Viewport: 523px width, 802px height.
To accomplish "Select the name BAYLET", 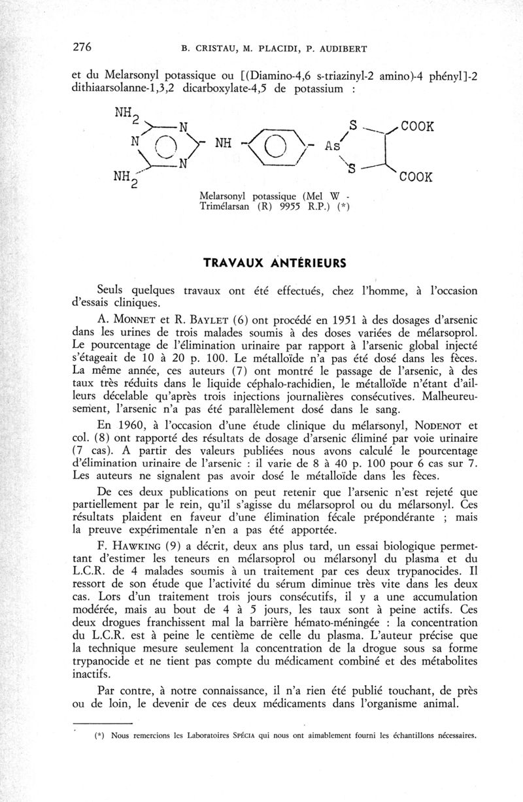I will [211, 320].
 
